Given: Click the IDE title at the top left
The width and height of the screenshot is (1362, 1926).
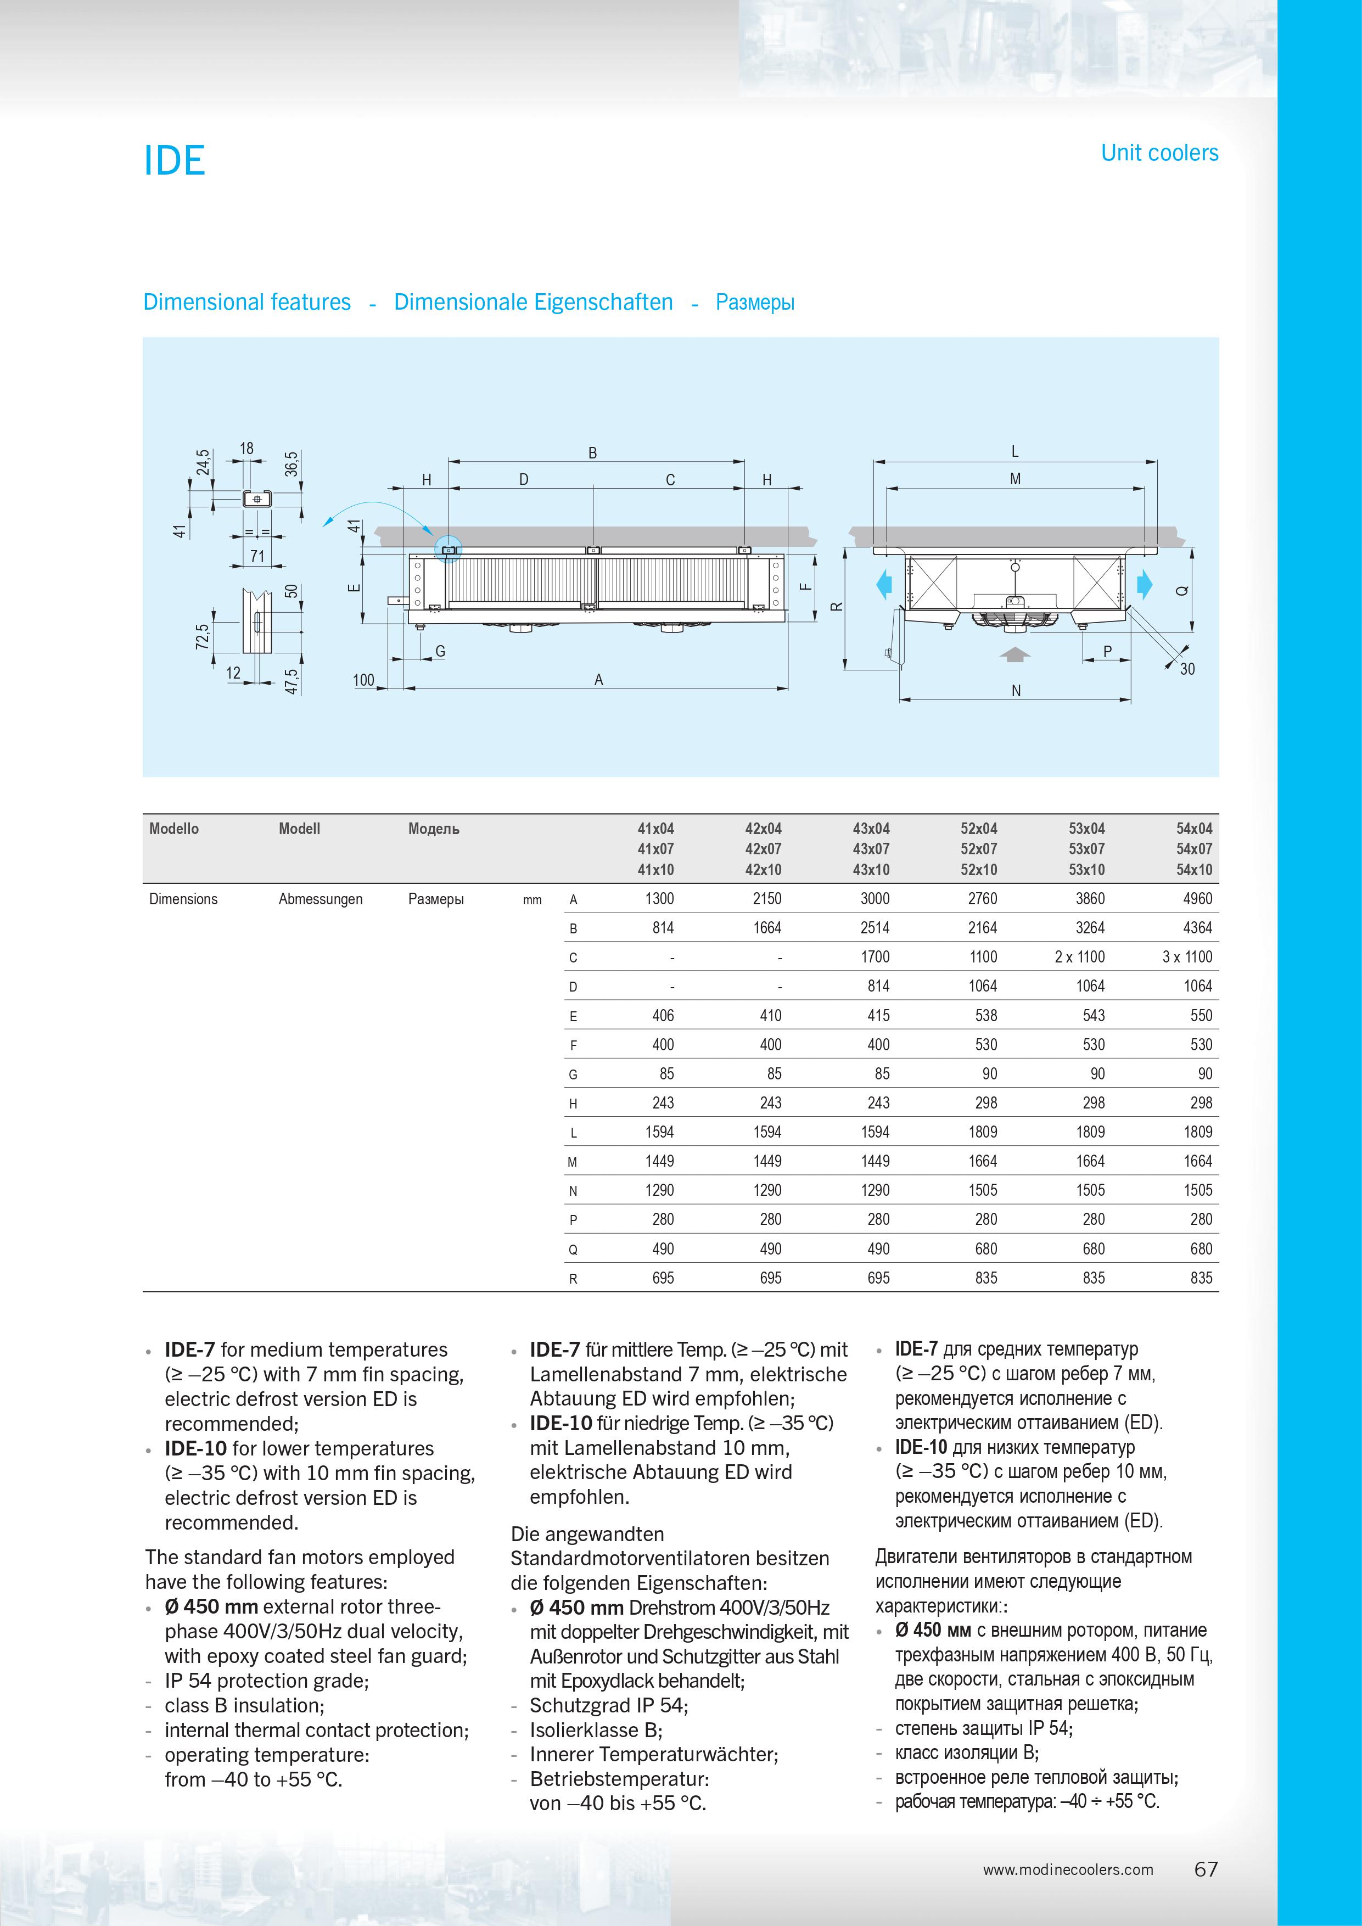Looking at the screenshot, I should [x=175, y=160].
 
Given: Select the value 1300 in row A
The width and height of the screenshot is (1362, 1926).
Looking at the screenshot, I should [x=659, y=898].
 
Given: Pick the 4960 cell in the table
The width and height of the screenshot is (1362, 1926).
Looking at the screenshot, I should [x=1197, y=898].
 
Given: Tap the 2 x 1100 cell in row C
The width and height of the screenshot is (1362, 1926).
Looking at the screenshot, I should [x=1079, y=957].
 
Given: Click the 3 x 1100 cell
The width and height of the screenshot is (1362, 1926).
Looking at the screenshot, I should [x=1187, y=957].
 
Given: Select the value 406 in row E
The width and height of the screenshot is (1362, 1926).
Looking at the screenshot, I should [x=663, y=1016].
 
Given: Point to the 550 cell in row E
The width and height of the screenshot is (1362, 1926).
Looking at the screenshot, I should [x=1201, y=1016].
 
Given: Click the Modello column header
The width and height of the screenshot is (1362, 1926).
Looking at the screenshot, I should [x=173, y=829].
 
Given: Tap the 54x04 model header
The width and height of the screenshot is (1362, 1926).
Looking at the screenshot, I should [x=1193, y=829].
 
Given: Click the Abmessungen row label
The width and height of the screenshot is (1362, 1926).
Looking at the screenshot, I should [x=321, y=899].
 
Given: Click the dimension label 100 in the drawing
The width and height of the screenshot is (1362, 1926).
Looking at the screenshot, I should [x=363, y=680].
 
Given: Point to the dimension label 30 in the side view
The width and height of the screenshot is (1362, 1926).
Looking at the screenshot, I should [x=1187, y=669].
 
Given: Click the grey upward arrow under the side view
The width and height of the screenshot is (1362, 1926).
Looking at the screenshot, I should [x=1015, y=654].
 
